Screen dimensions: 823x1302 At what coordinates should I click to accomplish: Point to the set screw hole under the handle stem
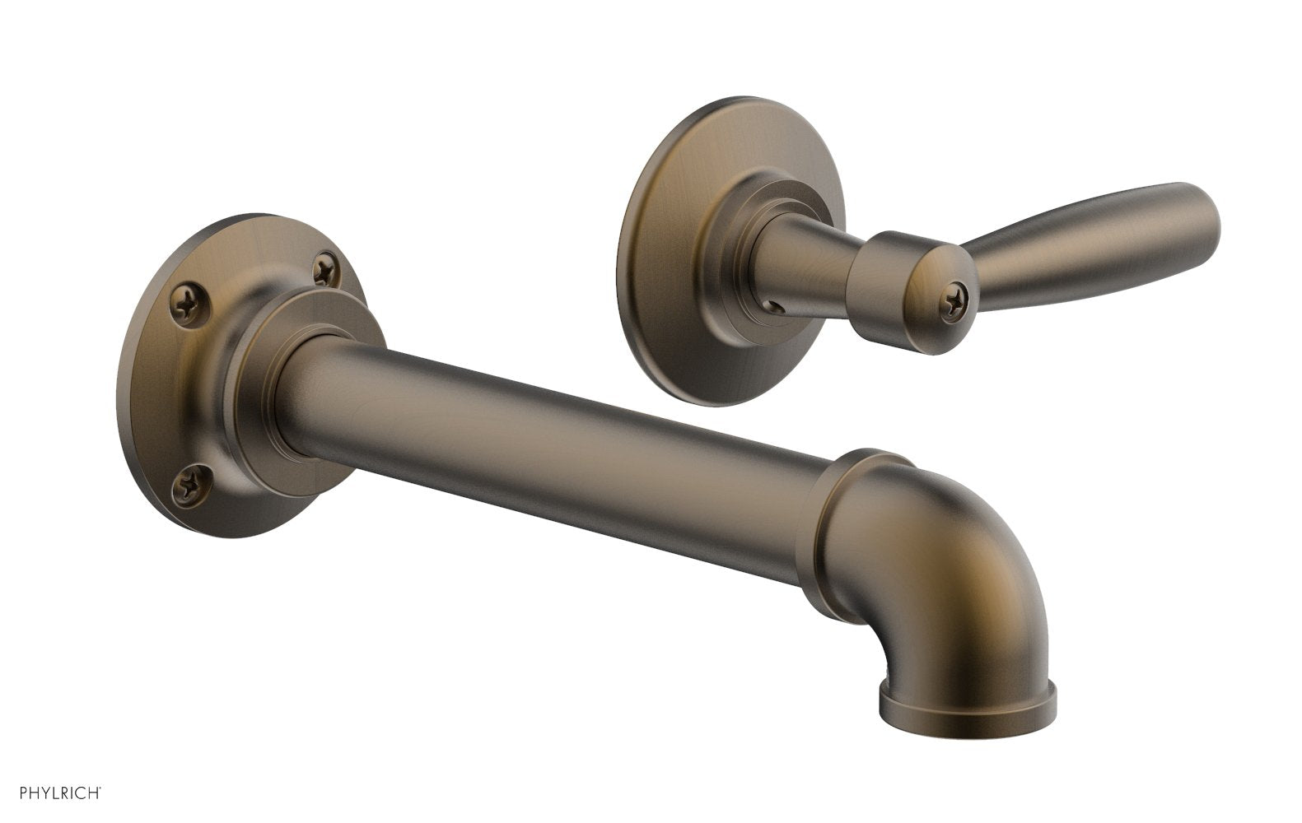[775, 305]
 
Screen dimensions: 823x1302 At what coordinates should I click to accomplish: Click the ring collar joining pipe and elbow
[848, 535]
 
